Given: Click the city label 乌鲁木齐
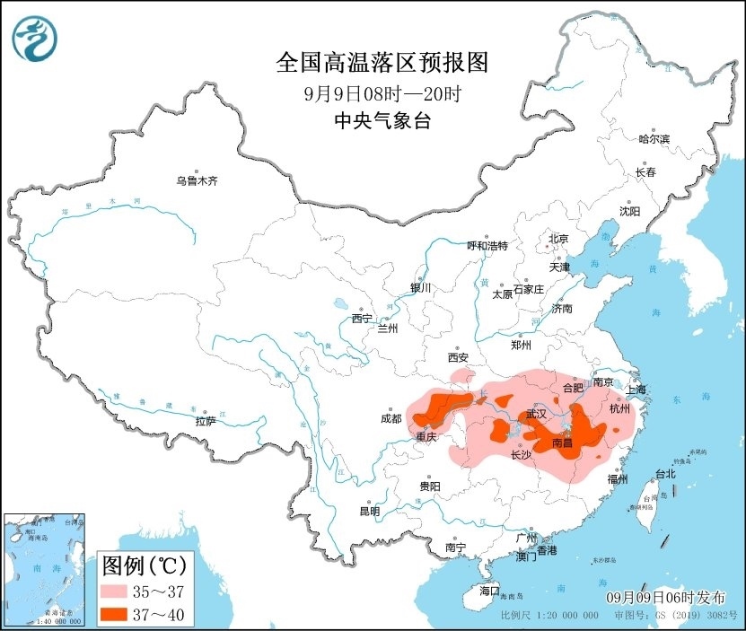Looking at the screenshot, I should [x=197, y=181].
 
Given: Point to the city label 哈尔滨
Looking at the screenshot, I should [x=654, y=139].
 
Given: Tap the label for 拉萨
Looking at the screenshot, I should [x=205, y=421].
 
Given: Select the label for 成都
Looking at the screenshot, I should [x=391, y=417].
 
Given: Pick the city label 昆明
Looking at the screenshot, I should [x=370, y=511].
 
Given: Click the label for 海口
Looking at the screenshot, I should [x=488, y=591].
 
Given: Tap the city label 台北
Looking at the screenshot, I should [x=663, y=473].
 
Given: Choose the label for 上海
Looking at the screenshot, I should [x=636, y=390].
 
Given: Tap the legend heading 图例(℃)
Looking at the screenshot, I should [x=144, y=565].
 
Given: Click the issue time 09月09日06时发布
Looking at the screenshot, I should [x=663, y=598].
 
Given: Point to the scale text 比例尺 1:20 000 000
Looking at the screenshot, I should [x=549, y=617].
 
